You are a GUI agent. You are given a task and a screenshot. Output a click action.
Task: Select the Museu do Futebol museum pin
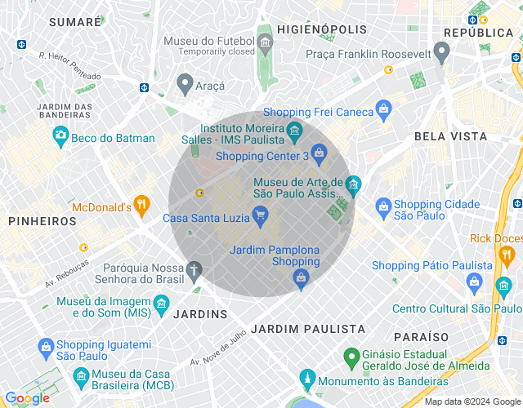[x=264, y=41]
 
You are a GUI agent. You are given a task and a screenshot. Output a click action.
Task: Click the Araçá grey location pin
[x=186, y=82]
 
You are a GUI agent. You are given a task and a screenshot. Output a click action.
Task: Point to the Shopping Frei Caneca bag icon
[x=384, y=109]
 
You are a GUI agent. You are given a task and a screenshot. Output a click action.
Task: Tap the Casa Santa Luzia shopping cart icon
[x=261, y=215]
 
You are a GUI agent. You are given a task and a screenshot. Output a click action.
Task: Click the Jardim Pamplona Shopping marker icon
[x=302, y=279]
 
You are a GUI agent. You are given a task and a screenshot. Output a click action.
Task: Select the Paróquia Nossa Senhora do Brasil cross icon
[x=194, y=268]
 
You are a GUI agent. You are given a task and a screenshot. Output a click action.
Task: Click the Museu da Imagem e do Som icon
[x=161, y=305]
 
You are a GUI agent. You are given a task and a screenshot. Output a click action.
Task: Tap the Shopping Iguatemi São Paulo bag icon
[x=46, y=348]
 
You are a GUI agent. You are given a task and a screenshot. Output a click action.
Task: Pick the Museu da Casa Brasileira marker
[x=80, y=376]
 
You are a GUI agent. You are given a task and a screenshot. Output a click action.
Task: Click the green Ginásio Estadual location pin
[x=351, y=357]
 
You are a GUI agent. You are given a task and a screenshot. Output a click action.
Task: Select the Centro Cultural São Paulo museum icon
[x=503, y=286]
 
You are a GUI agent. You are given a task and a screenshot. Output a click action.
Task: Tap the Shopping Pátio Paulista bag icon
[x=475, y=281]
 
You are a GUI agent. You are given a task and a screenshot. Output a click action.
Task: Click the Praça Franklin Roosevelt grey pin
[x=442, y=52]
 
